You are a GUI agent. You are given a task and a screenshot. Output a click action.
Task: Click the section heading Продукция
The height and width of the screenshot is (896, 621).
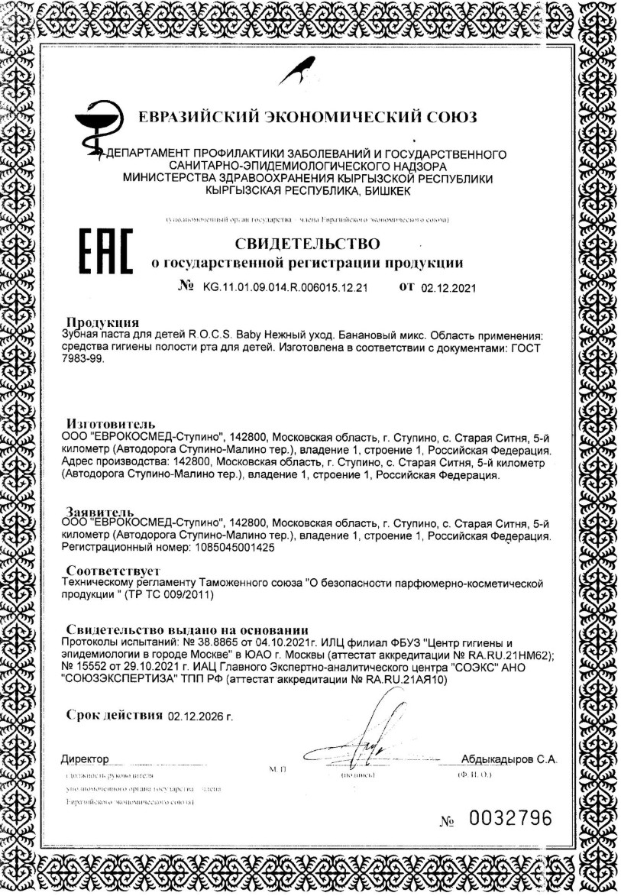click(x=102, y=321)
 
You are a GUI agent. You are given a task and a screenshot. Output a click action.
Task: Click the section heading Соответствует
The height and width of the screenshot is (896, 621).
click(x=112, y=570)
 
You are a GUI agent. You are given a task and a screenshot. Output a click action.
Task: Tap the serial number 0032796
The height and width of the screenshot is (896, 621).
click(x=509, y=818)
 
